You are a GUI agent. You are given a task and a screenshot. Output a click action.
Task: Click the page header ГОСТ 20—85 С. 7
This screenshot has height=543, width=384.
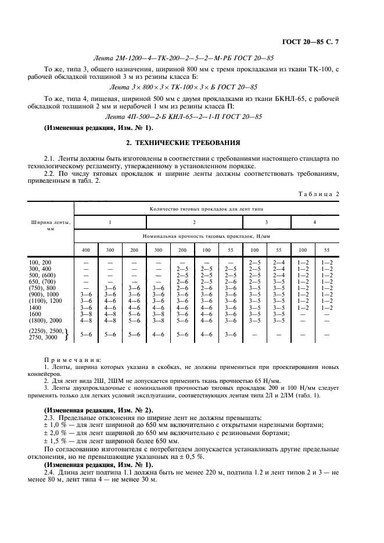click(x=325, y=41)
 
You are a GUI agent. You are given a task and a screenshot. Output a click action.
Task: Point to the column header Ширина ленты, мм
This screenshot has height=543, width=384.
click(x=51, y=225)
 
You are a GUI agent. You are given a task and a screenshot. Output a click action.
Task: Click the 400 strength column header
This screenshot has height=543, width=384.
click(x=86, y=249)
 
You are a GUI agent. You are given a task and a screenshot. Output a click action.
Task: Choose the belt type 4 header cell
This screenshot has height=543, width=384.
click(x=315, y=222)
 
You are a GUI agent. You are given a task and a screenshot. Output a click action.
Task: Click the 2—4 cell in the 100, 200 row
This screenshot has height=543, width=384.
click(x=279, y=262)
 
